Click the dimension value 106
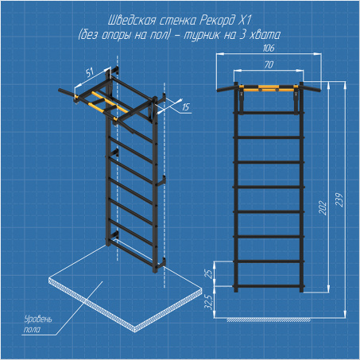[269, 48]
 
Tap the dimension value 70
[269, 64]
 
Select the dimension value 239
[339, 200]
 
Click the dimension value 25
[209, 273]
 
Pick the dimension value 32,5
[209, 303]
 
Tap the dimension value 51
[90, 72]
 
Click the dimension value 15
[186, 107]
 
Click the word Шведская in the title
[131, 21]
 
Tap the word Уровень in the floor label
[38, 319]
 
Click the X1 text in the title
[245, 21]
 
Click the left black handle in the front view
[226, 88]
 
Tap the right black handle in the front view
[312, 88]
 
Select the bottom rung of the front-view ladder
[269, 286]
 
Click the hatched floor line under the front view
[269, 319]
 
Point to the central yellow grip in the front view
[269, 87]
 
